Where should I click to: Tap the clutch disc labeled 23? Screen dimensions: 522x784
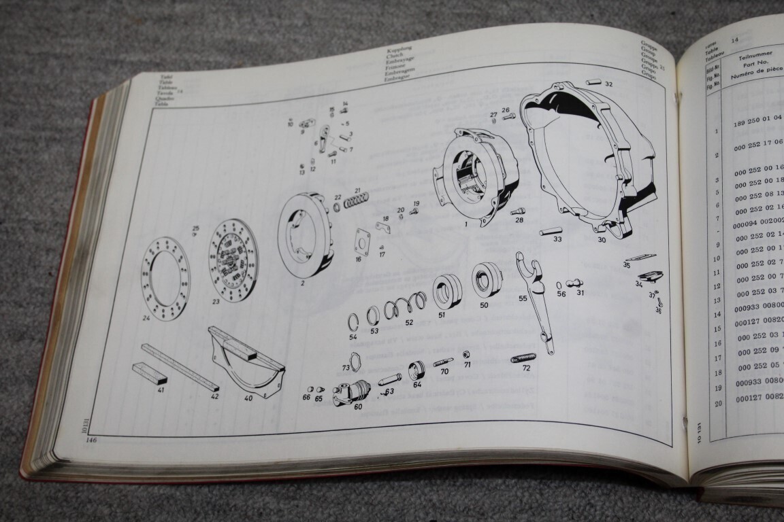pyautogui.click(x=233, y=259)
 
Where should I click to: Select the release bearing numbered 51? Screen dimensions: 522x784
pyautogui.click(x=447, y=290)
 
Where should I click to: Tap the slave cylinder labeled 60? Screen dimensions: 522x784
pyautogui.click(x=351, y=393)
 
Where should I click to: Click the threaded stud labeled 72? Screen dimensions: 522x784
pyautogui.click(x=523, y=358)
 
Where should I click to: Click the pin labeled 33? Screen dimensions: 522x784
pyautogui.click(x=551, y=232)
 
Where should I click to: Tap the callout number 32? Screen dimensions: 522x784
pyautogui.click(x=608, y=84)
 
